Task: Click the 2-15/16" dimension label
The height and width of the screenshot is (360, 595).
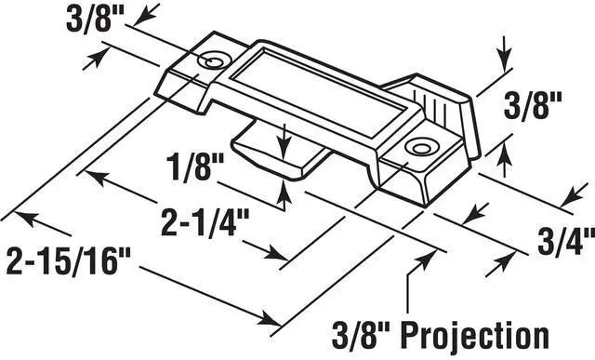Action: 69,260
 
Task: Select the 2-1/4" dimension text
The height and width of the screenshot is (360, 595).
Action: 205,223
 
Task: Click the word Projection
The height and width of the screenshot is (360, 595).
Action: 475,336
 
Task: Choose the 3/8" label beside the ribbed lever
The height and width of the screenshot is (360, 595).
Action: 533,106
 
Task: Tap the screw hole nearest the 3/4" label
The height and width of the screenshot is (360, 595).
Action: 419,147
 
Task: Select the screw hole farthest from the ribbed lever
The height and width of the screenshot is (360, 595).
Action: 212,60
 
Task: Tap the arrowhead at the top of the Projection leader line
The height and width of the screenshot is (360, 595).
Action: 425,259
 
